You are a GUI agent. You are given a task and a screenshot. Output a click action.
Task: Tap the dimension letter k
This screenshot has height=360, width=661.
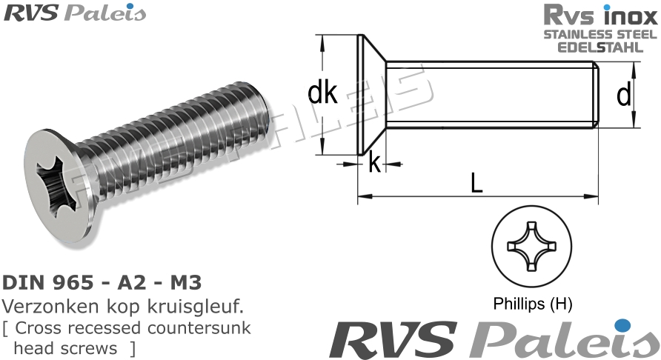tap(374, 163)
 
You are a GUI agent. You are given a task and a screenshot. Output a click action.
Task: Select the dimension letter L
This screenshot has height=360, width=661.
tap(476, 182)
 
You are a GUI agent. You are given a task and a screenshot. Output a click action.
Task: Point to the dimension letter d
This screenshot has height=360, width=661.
tap(624, 94)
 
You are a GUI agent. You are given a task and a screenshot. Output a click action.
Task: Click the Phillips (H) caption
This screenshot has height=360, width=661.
tap(533, 304)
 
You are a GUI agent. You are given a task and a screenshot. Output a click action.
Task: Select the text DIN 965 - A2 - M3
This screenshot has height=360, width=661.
tap(102, 282)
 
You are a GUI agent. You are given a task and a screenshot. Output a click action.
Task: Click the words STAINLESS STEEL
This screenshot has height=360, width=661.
tap(601, 34)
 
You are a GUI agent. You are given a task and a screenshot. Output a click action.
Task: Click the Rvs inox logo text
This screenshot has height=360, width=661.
tap(600, 15)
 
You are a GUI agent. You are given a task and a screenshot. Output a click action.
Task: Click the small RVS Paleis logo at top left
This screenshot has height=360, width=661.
tap(74, 13)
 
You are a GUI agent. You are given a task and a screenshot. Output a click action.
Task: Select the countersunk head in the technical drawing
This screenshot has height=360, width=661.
tap(371, 94)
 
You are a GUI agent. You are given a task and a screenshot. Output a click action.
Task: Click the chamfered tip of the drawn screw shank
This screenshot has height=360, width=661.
tap(597, 94)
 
